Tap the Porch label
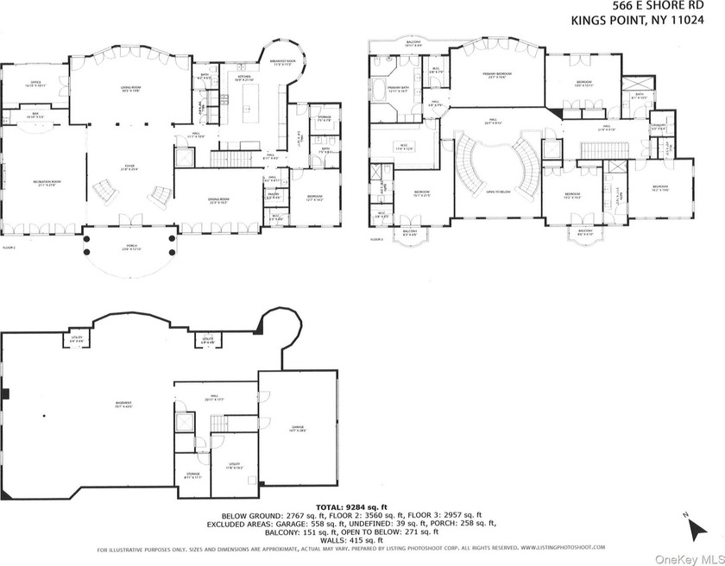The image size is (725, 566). tap(129, 250)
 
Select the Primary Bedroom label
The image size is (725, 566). tap(496, 75)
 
